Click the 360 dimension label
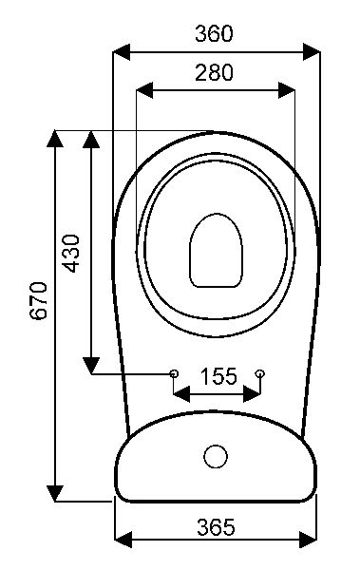214,33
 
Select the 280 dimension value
214,72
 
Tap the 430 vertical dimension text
71,254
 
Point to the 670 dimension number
39,300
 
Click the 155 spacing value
218,376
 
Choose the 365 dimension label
216,527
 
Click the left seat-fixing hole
174,373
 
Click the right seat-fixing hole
260,373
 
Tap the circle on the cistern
216,456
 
